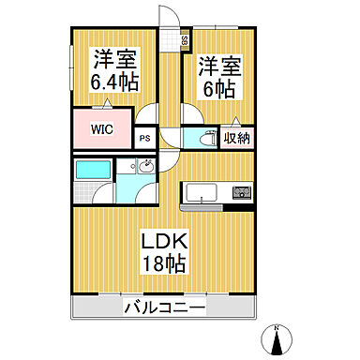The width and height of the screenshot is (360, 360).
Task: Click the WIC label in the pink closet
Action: click(x=102, y=130)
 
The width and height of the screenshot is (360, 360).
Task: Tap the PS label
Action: click(x=145, y=136)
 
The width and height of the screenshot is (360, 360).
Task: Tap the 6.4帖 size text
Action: click(x=114, y=83)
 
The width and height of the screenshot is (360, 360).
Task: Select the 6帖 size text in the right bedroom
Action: click(x=219, y=89)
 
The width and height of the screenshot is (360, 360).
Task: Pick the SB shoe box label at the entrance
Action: click(x=185, y=41)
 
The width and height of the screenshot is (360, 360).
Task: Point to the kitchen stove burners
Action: click(x=242, y=193)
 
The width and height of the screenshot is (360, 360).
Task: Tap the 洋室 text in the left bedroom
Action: click(x=114, y=60)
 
